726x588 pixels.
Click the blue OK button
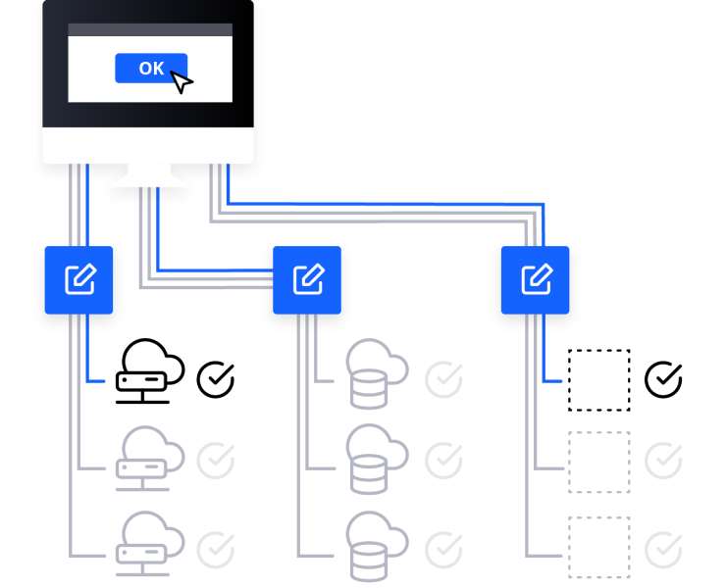[x=150, y=68]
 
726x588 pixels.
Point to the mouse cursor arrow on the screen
[x=181, y=82]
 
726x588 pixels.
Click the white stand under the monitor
[x=150, y=176]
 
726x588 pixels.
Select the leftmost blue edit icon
[x=78, y=280]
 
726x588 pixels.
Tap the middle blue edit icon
[x=307, y=280]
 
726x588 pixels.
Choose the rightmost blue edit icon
[x=535, y=280]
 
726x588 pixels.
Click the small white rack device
[x=141, y=381]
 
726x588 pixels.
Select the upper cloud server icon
[x=147, y=459]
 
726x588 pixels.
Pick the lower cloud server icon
[x=147, y=544]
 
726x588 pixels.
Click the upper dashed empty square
[x=599, y=463]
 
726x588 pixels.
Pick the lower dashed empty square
[x=599, y=548]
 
